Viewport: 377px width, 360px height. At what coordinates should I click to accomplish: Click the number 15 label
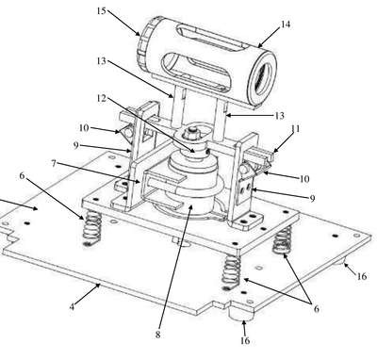pyautogui.click(x=102, y=11)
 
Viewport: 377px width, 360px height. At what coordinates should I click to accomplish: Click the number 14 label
pyautogui.click(x=286, y=25)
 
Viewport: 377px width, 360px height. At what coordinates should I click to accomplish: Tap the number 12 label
pyautogui.click(x=102, y=98)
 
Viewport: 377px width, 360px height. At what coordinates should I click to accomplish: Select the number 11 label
pyautogui.click(x=296, y=129)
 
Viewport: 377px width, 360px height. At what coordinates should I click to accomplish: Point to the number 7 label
pyautogui.click(x=54, y=163)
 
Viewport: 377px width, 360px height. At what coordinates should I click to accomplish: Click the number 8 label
pyautogui.click(x=157, y=335)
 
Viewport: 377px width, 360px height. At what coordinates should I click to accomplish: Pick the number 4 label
pyautogui.click(x=73, y=306)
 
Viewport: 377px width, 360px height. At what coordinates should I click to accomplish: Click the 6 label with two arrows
pyautogui.click(x=317, y=309)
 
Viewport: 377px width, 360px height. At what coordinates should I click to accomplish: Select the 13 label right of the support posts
pyautogui.click(x=280, y=116)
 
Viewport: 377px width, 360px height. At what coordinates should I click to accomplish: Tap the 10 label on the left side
pyautogui.click(x=84, y=128)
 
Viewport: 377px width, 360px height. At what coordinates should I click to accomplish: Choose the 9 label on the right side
pyautogui.click(x=312, y=198)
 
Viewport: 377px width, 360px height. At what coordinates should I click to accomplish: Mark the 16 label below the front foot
pyautogui.click(x=245, y=340)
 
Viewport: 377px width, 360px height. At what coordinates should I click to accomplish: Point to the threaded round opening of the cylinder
pyautogui.click(x=262, y=77)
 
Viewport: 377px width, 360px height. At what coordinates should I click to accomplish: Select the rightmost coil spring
pyautogui.click(x=283, y=240)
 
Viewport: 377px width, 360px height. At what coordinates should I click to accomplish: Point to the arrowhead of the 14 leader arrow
pyautogui.click(x=260, y=45)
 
